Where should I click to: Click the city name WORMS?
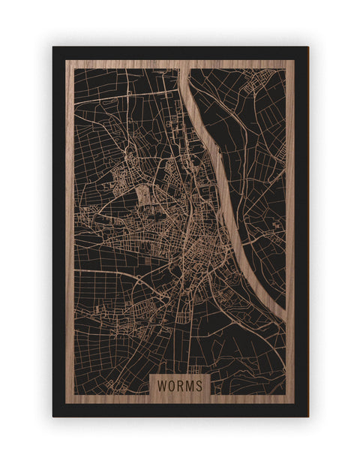tap(180, 384)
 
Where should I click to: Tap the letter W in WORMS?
tap(162, 384)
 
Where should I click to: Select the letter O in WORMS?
tap(171, 384)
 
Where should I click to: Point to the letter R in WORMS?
tap(180, 384)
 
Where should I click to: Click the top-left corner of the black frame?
tap(53, 47)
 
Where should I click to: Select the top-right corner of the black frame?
tap(307, 47)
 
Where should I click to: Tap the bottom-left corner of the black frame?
tap(53, 416)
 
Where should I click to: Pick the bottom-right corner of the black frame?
tap(307, 416)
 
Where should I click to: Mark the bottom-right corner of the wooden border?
tap(294, 403)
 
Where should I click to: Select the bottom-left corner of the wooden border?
tap(66, 403)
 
